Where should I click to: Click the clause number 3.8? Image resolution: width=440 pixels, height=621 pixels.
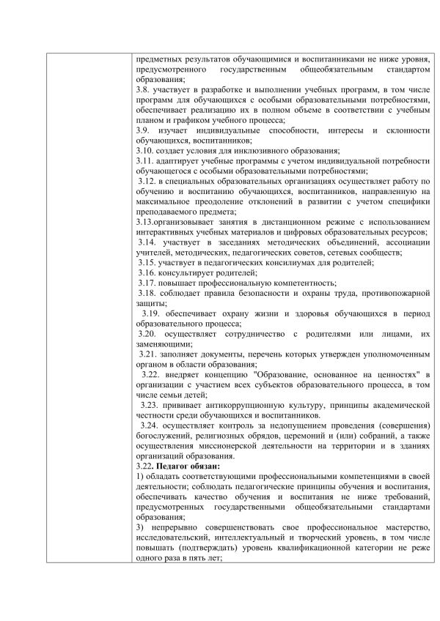click(x=144, y=89)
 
